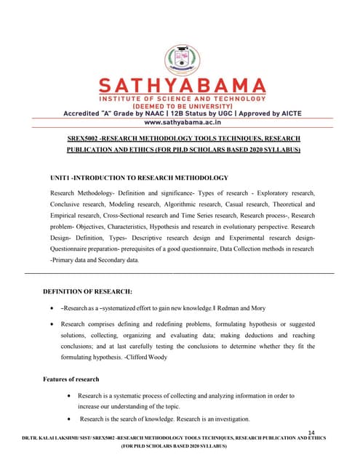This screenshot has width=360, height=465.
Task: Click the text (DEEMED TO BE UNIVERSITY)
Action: click(x=180, y=105)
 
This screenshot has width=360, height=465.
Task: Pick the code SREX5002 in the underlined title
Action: click(x=80, y=138)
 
